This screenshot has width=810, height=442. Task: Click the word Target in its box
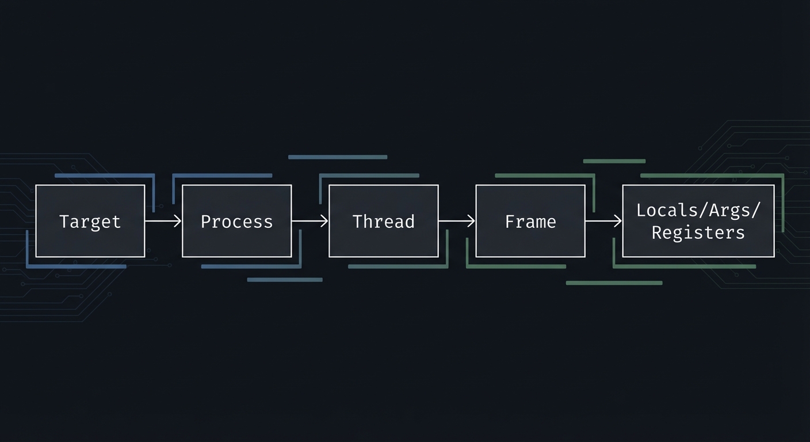click(x=90, y=222)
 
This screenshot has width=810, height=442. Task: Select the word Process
click(x=236, y=222)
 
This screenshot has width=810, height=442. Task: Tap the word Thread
click(x=383, y=222)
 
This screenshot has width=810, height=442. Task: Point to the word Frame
click(x=530, y=222)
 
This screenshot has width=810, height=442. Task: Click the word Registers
click(x=698, y=233)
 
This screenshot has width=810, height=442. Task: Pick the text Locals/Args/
click(x=698, y=210)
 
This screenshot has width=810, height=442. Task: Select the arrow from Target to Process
click(x=163, y=220)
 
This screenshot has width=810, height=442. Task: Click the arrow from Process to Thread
click(x=310, y=220)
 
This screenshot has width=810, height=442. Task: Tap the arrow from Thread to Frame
click(x=457, y=220)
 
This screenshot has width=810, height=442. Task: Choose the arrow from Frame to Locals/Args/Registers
click(x=603, y=220)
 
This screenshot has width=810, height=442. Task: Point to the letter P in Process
click(x=205, y=222)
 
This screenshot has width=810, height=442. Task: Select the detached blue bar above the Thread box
click(x=338, y=157)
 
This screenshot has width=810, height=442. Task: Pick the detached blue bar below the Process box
click(x=285, y=280)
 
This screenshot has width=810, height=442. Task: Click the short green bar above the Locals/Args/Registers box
click(x=614, y=161)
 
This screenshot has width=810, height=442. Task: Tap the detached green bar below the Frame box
click(x=614, y=283)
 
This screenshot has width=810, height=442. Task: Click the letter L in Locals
click(x=640, y=210)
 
